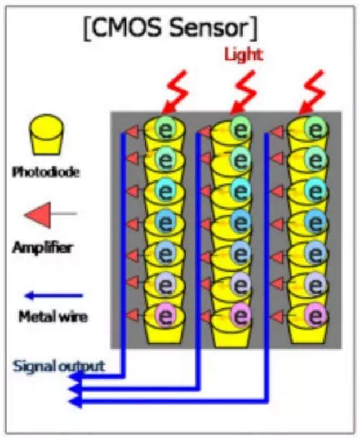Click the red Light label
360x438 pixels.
(x=243, y=55)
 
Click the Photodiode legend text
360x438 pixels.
(x=46, y=171)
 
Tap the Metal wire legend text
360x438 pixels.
(x=54, y=317)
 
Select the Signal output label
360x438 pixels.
(x=59, y=366)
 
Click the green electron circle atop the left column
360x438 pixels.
(x=167, y=129)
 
